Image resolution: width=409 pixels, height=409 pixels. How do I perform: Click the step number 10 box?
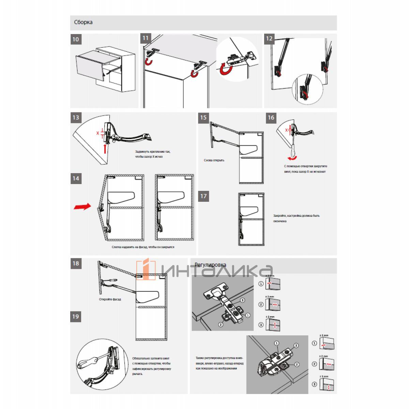click(76, 39)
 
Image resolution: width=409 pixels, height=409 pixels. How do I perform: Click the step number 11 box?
click(146, 38)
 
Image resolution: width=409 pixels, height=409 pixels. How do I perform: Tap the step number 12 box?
click(269, 39)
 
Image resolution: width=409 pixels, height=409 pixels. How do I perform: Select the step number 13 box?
click(76, 118)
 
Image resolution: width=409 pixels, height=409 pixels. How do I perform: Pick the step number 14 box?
click(76, 178)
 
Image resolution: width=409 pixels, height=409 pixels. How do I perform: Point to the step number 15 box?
click(203, 118)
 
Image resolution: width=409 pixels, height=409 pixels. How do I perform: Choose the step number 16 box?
click(271, 118)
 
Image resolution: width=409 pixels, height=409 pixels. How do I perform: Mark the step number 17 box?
click(203, 196)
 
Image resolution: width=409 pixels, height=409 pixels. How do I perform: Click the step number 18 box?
click(76, 263)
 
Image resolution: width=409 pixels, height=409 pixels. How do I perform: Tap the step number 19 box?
click(76, 316)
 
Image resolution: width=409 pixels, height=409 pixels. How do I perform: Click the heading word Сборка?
click(83, 22)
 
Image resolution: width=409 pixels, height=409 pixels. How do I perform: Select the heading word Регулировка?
click(210, 265)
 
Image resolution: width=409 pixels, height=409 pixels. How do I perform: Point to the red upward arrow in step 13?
click(105, 149)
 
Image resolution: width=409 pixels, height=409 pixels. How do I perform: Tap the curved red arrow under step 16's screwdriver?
click(292, 158)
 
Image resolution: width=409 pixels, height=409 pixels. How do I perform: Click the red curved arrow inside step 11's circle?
click(226, 69)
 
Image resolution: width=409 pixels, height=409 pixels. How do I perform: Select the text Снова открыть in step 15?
click(214, 160)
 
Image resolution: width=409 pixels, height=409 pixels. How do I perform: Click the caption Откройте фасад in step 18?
click(110, 299)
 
